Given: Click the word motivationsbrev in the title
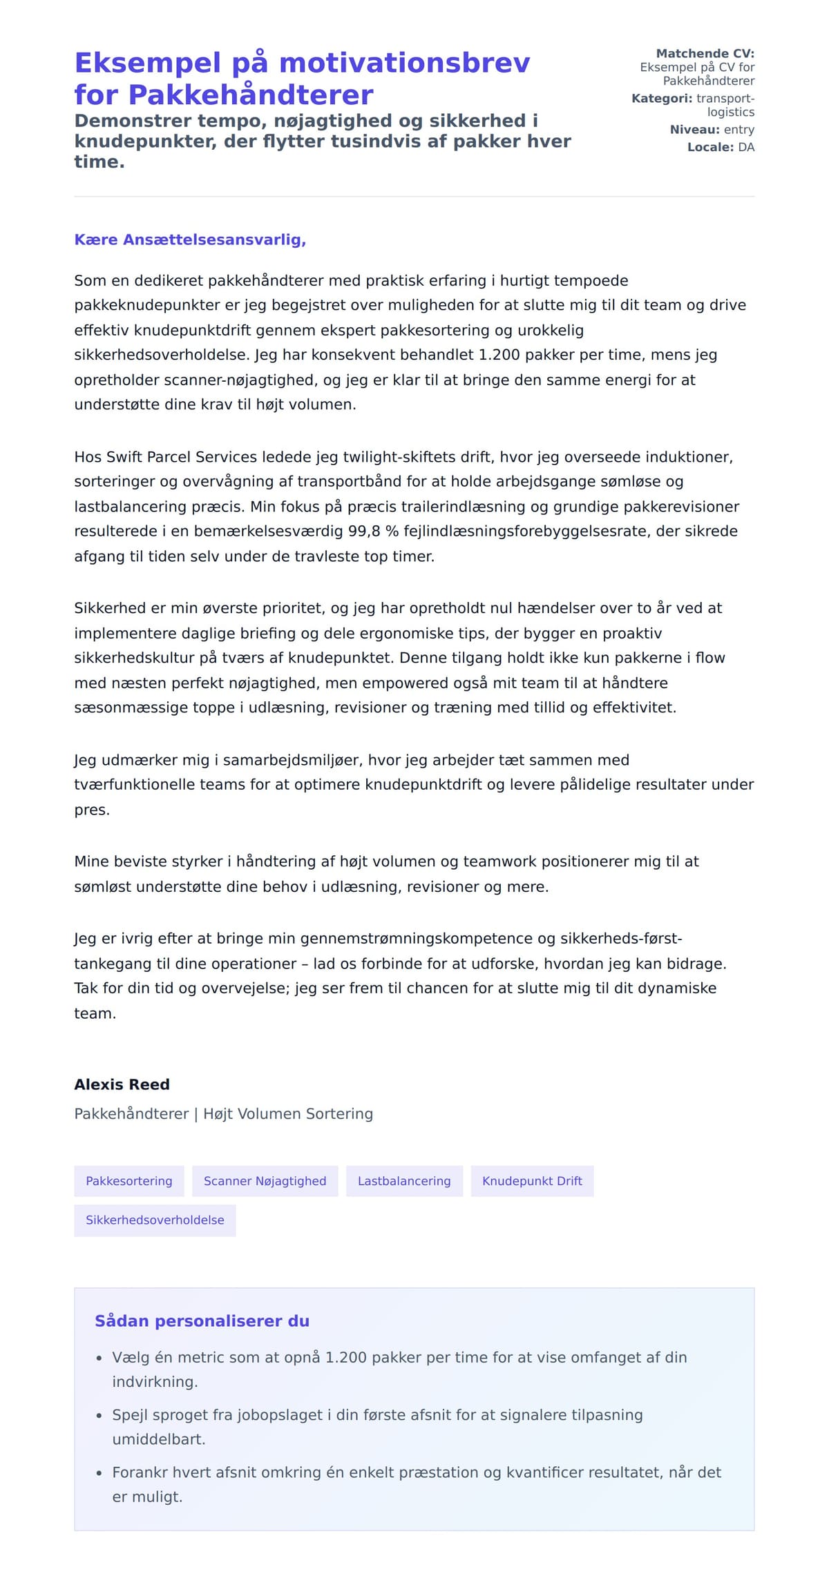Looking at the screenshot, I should (404, 63).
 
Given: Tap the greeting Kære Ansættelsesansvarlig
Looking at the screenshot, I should (190, 240).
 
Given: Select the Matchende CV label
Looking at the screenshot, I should (705, 53).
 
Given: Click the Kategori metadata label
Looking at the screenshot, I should (661, 98).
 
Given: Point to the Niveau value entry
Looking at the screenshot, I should (739, 129).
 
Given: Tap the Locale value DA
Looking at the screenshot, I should (746, 147).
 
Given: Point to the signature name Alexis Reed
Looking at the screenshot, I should (122, 1084).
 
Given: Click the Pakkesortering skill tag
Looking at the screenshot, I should (129, 1181).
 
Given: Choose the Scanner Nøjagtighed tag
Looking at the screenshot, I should (265, 1181).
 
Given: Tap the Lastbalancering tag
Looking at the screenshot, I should (404, 1181).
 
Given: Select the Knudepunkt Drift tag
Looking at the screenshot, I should (532, 1181).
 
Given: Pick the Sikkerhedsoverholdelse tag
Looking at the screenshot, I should (155, 1220).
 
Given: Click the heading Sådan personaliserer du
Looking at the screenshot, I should (202, 1321).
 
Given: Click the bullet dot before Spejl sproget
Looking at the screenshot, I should (99, 1416).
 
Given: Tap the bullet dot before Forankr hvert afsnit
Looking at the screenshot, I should (99, 1473).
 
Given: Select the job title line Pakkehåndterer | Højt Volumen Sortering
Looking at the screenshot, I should (223, 1113).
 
